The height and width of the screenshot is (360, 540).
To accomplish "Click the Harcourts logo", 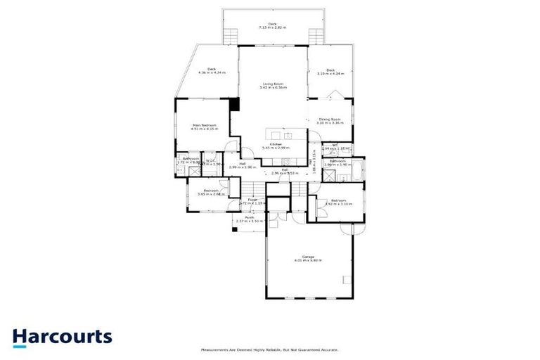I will tap(62, 337).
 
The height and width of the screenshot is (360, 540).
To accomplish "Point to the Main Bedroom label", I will tap(205, 127).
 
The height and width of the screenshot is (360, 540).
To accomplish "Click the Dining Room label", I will tap(330, 121).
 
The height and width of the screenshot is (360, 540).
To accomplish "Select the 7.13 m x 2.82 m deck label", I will tap(272, 25).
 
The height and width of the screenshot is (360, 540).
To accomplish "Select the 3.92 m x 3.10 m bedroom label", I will tap(337, 202).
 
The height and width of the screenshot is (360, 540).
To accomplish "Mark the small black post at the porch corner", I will tap(235, 228).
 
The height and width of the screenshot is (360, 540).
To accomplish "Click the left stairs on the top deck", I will tap(230, 36).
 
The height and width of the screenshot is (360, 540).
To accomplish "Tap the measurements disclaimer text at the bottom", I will tap(270, 349).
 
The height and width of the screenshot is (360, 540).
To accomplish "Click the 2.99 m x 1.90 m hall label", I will tap(241, 167).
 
